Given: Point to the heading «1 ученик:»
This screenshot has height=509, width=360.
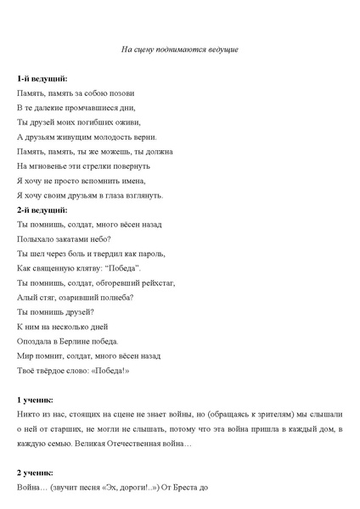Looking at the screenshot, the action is (x=36, y=399).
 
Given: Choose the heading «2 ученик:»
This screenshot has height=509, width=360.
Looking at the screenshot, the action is (x=36, y=472).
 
